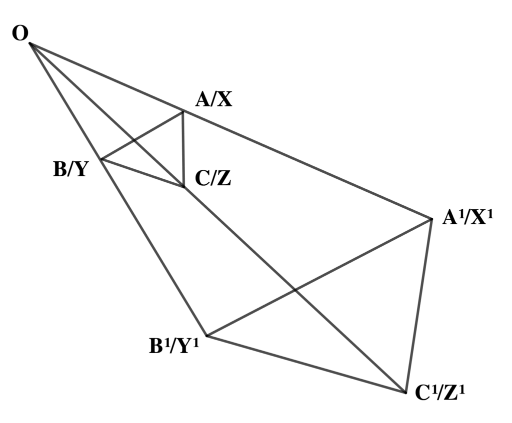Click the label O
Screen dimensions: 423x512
click(x=20, y=34)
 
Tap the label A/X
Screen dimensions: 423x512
click(x=213, y=100)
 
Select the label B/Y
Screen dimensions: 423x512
click(x=71, y=169)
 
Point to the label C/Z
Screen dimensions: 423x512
click(x=213, y=178)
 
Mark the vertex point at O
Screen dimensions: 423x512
click(x=30, y=44)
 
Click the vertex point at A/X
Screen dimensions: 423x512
click(x=182, y=111)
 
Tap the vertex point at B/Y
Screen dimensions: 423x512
click(x=101, y=160)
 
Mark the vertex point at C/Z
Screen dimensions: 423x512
click(x=183, y=187)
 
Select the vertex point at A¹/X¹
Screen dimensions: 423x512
click(x=431, y=219)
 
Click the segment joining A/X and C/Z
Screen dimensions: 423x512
click(x=183, y=150)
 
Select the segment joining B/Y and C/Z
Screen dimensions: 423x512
click(x=142, y=173)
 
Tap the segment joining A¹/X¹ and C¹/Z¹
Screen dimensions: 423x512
click(x=419, y=305)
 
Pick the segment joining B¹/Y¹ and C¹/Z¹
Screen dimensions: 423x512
click(x=305, y=364)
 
